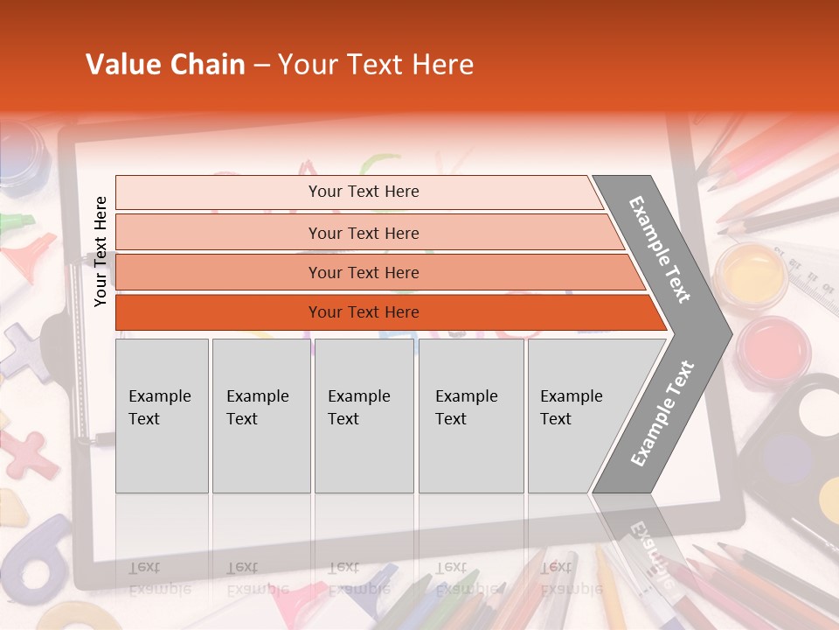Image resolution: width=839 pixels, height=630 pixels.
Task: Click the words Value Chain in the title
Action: pyautogui.click(x=165, y=65)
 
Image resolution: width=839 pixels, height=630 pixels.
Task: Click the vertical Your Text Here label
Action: pyautogui.click(x=101, y=251)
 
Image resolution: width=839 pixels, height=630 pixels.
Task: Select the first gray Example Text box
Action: pyautogui.click(x=162, y=416)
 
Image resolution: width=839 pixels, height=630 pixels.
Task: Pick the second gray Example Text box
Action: pyautogui.click(x=260, y=416)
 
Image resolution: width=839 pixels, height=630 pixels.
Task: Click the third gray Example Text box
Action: pyautogui.click(x=364, y=416)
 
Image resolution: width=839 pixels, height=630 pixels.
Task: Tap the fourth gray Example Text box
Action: pyautogui.click(x=470, y=416)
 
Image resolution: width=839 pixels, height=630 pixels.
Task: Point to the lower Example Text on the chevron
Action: pyautogui.click(x=662, y=414)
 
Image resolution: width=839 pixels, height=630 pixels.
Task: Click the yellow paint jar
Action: pyautogui.click(x=751, y=274)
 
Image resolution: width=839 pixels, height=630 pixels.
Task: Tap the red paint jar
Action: pyautogui.click(x=773, y=348)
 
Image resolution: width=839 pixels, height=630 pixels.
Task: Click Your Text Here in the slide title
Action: pyautogui.click(x=376, y=65)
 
